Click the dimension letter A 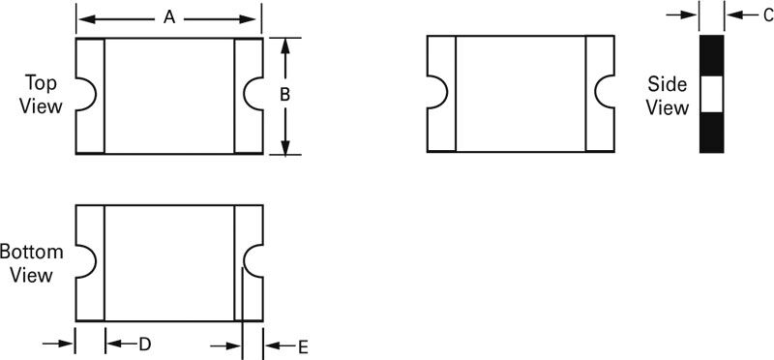(169, 18)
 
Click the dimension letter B (285, 95)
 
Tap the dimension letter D (144, 345)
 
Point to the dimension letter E (302, 345)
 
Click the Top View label (42, 95)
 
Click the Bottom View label (31, 263)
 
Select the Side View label (668, 96)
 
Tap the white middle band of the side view (712, 94)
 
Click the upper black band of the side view (712, 55)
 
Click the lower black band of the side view (712, 133)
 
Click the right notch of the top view (254, 95)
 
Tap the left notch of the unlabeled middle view (435, 93)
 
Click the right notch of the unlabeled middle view (606, 93)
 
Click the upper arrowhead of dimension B (285, 45)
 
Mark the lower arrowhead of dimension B (285, 146)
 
